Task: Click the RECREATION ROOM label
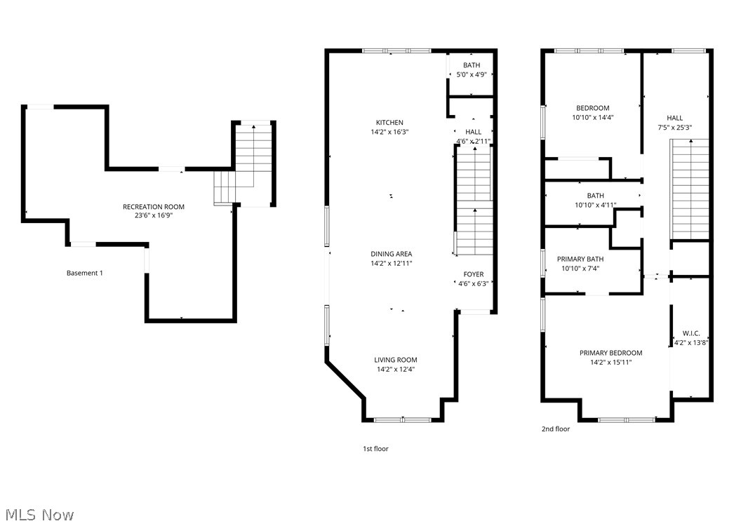pyautogui.click(x=154, y=206)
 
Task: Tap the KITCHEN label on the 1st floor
pyautogui.click(x=389, y=123)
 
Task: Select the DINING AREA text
pyautogui.click(x=392, y=254)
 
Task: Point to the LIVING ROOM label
pyautogui.click(x=396, y=360)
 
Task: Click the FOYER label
pyautogui.click(x=474, y=274)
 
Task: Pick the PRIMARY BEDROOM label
pyautogui.click(x=611, y=353)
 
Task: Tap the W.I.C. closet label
pyautogui.click(x=691, y=333)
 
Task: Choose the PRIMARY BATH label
pyautogui.click(x=580, y=259)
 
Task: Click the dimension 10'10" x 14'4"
pyautogui.click(x=593, y=117)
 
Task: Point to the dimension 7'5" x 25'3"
pyautogui.click(x=674, y=127)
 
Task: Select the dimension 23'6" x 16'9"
pyautogui.click(x=154, y=215)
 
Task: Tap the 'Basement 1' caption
pyautogui.click(x=85, y=273)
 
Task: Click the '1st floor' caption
pyautogui.click(x=375, y=449)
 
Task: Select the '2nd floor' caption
pyautogui.click(x=556, y=429)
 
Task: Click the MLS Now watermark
pyautogui.click(x=40, y=515)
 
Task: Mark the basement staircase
pyautogui.click(x=243, y=165)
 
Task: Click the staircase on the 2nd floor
pyautogui.click(x=690, y=189)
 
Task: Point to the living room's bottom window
pyautogui.click(x=403, y=420)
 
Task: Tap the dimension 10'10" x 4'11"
pyautogui.click(x=596, y=205)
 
